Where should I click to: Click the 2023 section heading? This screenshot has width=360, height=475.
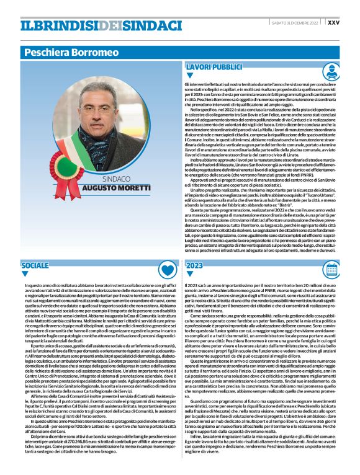coord(196,265)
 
